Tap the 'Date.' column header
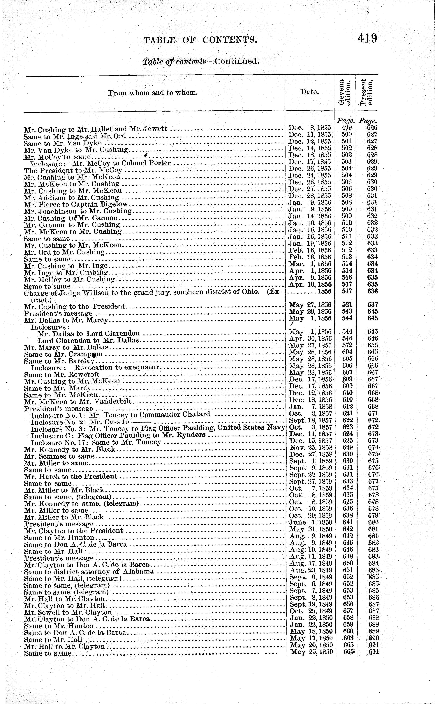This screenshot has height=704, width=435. coord(309,92)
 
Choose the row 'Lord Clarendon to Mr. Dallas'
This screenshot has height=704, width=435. coord(88,340)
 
